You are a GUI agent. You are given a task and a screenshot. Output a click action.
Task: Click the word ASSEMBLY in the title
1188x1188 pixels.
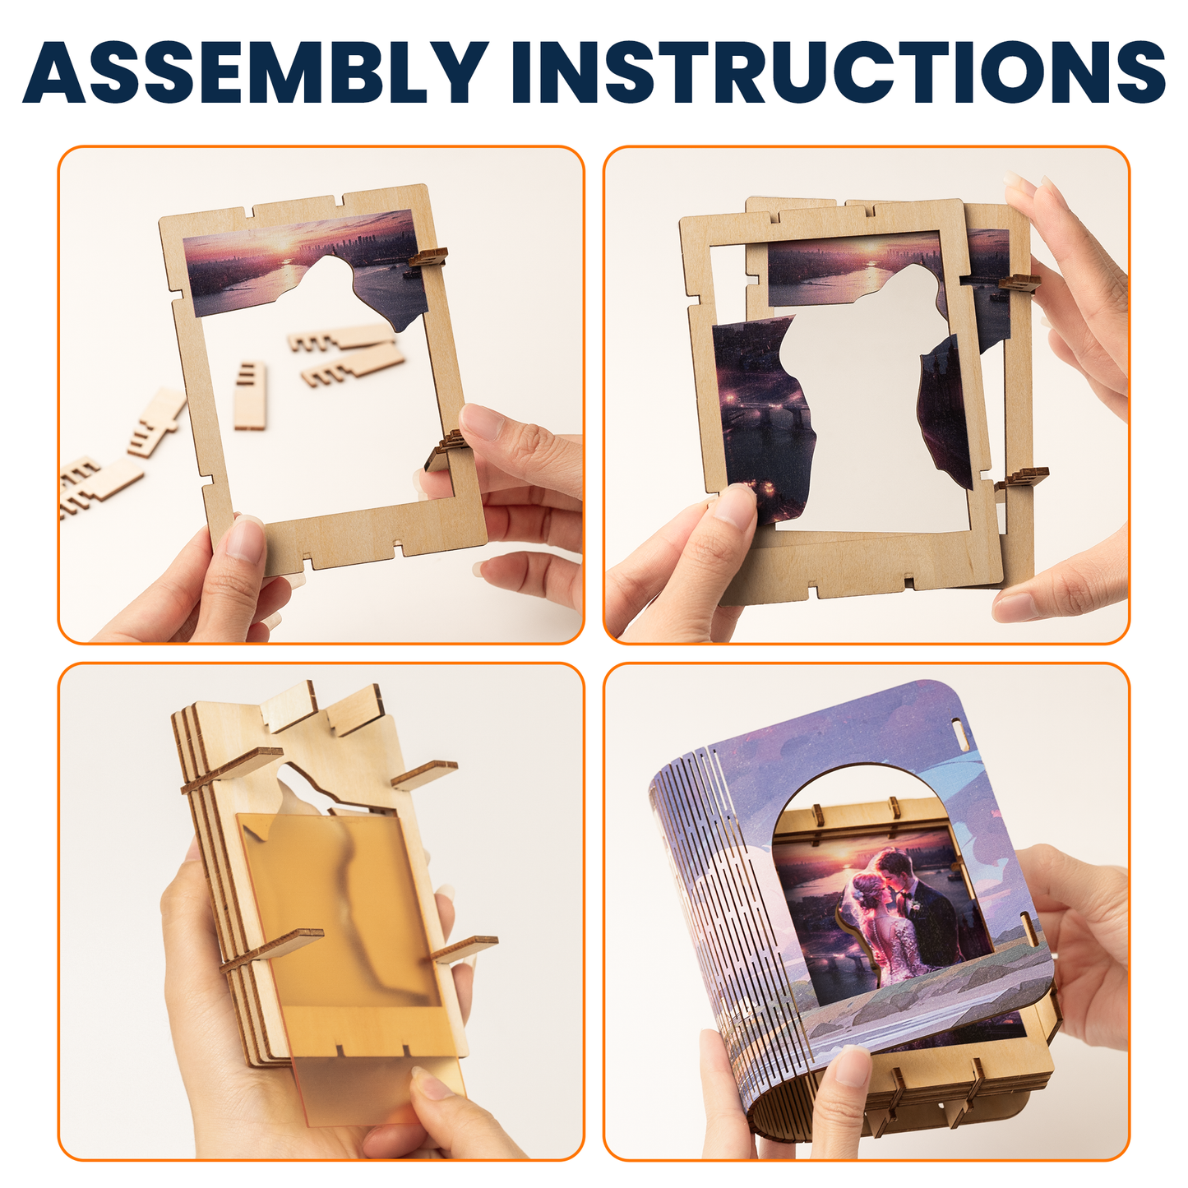(x=255, y=72)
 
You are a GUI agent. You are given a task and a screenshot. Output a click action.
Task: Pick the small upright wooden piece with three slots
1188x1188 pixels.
(x=250, y=395)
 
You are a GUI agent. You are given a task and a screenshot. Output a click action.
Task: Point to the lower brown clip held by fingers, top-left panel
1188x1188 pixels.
(x=445, y=448)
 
